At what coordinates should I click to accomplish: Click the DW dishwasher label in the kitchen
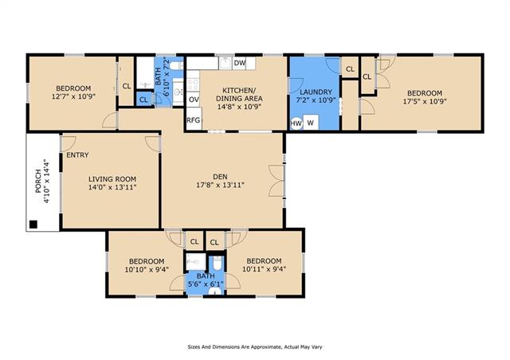point(239,63)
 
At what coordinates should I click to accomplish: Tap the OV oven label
point(194,100)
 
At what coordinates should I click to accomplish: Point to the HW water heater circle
point(296,123)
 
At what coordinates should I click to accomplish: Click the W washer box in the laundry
point(311,123)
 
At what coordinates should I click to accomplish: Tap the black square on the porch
point(33,224)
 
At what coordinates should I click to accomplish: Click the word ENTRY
point(77,155)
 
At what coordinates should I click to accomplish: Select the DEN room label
point(220,177)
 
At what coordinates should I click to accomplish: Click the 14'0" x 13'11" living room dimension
point(112,187)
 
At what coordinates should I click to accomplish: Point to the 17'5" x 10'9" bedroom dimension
point(425,101)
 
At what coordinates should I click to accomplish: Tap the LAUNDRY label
point(316,92)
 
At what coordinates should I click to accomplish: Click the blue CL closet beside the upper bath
point(143,100)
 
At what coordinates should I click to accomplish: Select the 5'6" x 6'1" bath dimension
point(206,284)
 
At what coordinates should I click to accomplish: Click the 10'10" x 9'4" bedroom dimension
point(147,269)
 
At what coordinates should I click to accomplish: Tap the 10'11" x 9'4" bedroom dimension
point(264,269)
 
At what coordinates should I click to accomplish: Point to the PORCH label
point(38,182)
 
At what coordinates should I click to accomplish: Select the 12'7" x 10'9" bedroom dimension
point(73,96)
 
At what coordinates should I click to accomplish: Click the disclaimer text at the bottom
point(255,347)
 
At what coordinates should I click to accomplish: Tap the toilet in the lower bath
point(218,264)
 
